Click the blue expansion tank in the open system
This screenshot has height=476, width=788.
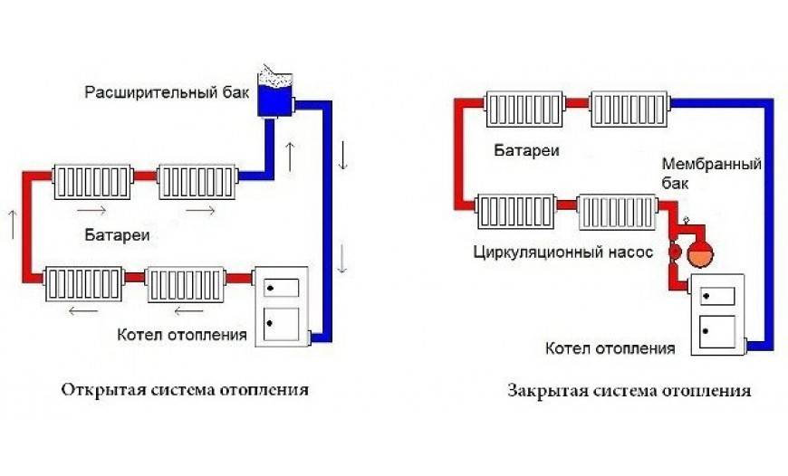[275, 93]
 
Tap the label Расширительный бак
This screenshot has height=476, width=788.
[167, 93]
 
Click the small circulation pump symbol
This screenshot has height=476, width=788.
[675, 251]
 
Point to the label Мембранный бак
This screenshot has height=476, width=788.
[712, 173]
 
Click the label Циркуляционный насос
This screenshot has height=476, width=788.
[563, 252]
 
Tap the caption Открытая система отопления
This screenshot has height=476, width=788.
[185, 390]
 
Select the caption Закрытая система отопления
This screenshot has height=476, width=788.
[629, 391]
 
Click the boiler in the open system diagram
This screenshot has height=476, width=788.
[282, 306]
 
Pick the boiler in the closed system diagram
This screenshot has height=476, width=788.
[718, 315]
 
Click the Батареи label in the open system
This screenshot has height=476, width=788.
[117, 235]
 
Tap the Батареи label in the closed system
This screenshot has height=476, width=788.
[526, 150]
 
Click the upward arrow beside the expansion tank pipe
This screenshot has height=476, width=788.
[290, 157]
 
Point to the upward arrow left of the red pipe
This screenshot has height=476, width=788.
[13, 224]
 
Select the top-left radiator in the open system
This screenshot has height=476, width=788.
[92, 182]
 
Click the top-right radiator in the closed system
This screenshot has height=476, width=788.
[629, 109]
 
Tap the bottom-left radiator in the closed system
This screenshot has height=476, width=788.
[515, 212]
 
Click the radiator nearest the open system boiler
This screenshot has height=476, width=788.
[186, 285]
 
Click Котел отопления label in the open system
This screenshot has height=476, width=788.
[182, 335]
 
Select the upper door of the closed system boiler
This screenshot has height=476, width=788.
[718, 296]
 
